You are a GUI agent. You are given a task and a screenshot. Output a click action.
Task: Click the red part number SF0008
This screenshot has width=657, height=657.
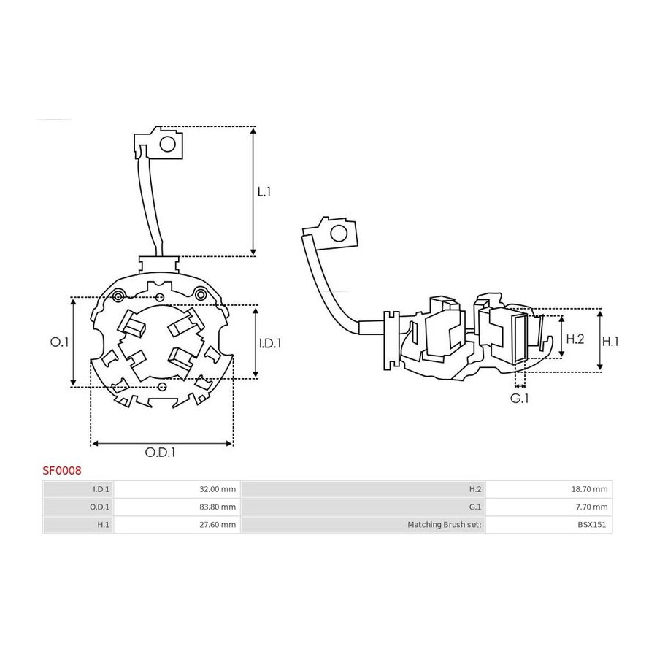point(62,471)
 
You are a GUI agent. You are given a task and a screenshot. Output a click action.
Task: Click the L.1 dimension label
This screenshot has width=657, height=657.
point(264,192)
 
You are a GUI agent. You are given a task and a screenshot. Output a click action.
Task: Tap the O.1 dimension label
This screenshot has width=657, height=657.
point(59,342)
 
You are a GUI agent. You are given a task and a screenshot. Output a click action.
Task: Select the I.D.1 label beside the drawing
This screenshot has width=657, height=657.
point(270,344)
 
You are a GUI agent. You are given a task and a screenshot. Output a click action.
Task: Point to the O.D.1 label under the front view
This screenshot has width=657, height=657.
point(160,453)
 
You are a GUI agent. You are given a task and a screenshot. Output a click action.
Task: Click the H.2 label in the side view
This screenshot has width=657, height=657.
point(575,339)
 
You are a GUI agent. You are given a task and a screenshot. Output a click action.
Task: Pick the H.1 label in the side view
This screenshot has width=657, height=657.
point(610,342)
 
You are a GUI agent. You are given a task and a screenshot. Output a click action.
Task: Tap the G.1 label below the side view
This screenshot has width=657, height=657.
point(520,399)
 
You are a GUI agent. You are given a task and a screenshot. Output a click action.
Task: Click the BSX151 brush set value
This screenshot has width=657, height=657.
point(591,525)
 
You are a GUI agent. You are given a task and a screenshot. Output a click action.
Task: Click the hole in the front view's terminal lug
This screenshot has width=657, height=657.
point(168,145)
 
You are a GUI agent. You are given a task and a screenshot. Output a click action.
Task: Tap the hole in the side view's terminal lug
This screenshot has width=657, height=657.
point(339,234)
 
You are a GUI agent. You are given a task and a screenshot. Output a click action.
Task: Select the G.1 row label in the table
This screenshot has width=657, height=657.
point(474,507)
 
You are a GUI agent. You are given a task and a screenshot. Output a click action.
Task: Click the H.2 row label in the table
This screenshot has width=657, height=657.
point(474,489)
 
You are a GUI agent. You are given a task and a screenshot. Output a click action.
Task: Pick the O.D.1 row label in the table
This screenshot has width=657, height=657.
point(100,507)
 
